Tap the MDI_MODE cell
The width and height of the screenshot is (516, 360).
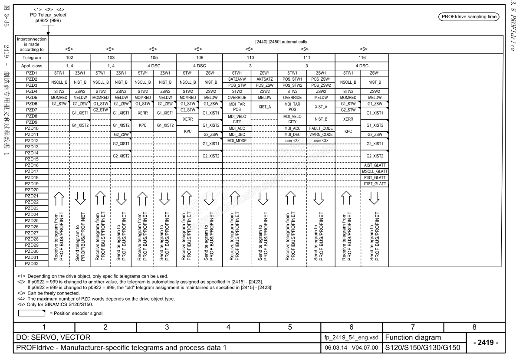237,141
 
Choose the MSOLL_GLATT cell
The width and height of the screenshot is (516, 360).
374,171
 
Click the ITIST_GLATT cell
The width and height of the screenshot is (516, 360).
374,184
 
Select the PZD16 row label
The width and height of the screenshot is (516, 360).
32,165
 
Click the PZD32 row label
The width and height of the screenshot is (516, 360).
32,263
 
